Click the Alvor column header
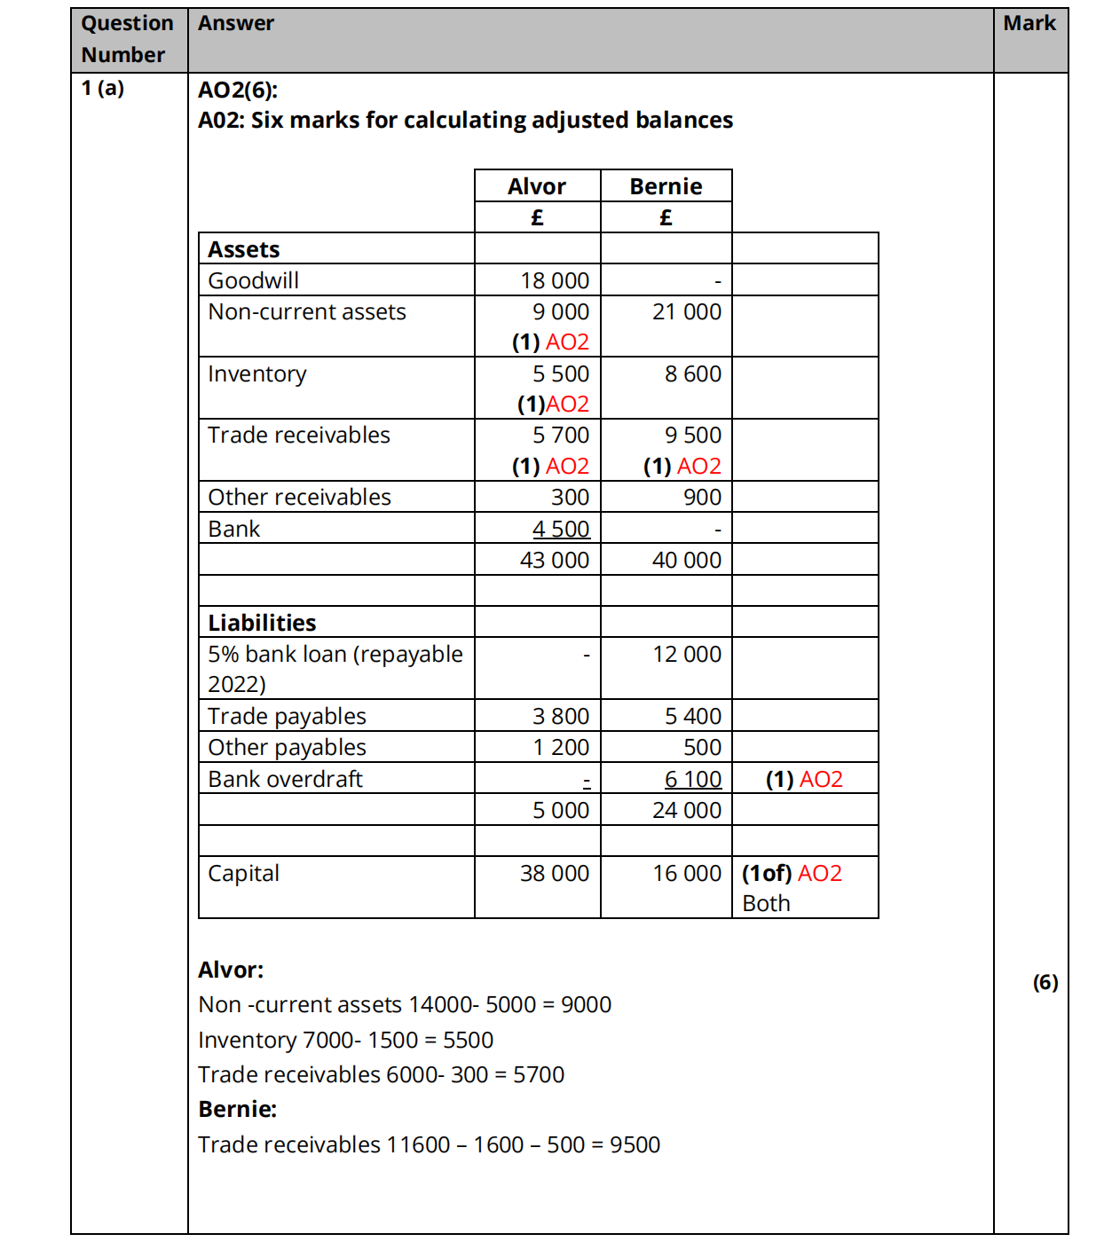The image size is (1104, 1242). tap(537, 186)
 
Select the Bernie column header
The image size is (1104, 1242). tap(666, 186)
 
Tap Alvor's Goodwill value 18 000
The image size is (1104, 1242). tap(555, 280)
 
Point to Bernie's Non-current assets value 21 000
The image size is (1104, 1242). tap(687, 311)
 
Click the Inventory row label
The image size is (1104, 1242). tap(257, 373)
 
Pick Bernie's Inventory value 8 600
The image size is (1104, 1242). tap(693, 373)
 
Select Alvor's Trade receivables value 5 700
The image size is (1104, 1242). tap(561, 435)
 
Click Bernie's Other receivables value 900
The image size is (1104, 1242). tap(702, 497)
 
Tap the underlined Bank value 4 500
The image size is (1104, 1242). tap(561, 529)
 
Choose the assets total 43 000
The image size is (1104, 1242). tap(555, 560)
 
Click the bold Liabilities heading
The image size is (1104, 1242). tap(262, 623)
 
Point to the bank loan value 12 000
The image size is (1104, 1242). tap(687, 654)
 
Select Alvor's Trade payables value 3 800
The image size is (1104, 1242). tap(561, 716)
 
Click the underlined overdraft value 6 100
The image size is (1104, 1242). tap(693, 779)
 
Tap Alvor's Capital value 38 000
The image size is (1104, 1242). tap(555, 873)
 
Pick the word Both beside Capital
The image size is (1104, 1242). tap(766, 903)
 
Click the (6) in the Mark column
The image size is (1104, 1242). tap(1045, 982)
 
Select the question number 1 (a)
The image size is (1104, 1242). tap(103, 88)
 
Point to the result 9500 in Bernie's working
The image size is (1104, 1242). tap(635, 1144)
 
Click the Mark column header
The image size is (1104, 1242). tap(1029, 23)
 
